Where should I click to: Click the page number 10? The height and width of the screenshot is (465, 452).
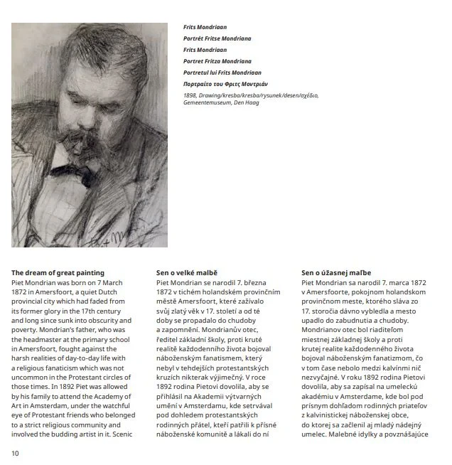(x=15, y=452)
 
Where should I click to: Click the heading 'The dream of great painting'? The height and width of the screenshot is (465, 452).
(x=58, y=272)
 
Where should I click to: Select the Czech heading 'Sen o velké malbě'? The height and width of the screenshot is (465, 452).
(x=186, y=272)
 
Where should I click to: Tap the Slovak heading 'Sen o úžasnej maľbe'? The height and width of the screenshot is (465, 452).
(x=335, y=272)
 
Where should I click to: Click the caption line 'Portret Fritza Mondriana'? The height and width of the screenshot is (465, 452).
(x=217, y=61)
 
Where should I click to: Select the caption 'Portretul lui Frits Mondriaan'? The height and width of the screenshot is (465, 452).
(x=222, y=73)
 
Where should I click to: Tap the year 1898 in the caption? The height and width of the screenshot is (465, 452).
(x=189, y=95)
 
